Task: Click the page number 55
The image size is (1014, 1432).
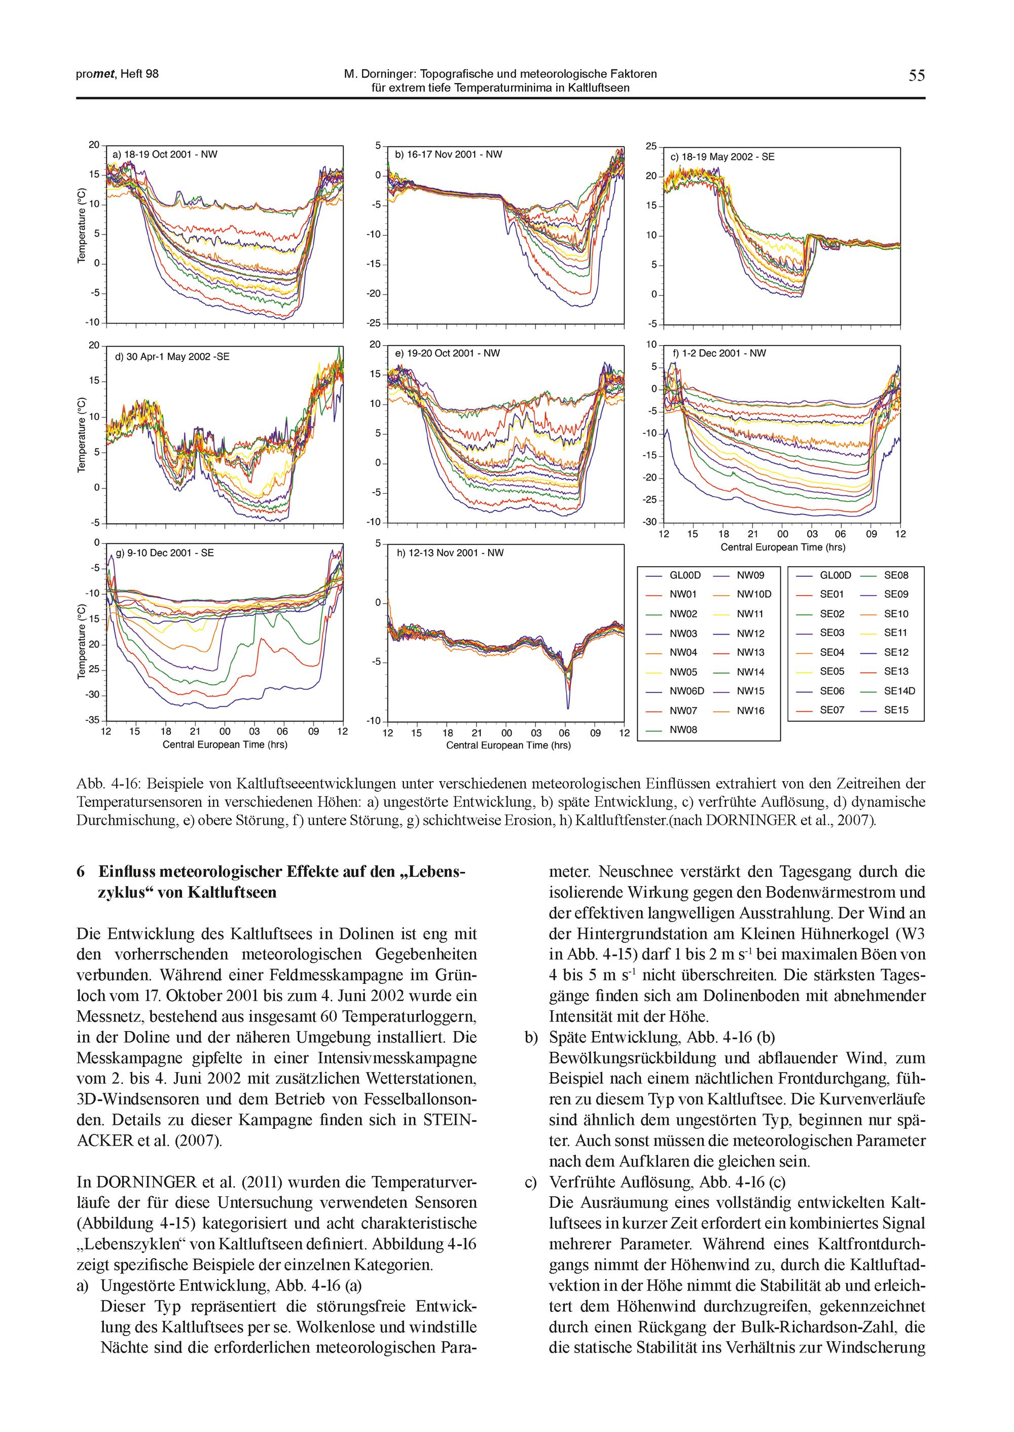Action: tap(917, 76)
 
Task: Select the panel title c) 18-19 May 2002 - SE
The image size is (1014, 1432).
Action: tap(722, 157)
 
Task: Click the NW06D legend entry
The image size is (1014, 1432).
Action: tap(686, 691)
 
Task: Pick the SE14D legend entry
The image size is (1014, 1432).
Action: tap(899, 691)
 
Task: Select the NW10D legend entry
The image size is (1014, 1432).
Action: tap(753, 594)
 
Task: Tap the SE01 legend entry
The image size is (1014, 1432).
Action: tap(831, 594)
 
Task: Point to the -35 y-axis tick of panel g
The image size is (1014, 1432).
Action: tap(92, 720)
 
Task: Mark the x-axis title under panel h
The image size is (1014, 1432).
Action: tap(508, 745)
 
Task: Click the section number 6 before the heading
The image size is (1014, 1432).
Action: tap(81, 872)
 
